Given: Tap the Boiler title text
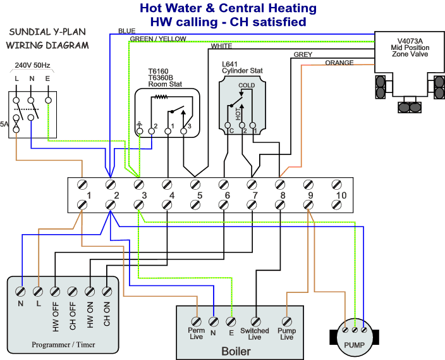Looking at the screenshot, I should (236, 351).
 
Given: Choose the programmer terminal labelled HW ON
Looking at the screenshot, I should (90, 292).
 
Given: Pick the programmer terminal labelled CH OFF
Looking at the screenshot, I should (72, 292).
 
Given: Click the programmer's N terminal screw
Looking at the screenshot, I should (21, 292).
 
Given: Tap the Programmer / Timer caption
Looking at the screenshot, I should (63, 345).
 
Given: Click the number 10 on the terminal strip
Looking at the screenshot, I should (341, 196).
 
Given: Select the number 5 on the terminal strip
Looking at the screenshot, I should (200, 196).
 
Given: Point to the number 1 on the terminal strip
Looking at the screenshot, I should (90, 196).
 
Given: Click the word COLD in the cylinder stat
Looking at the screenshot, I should (247, 85).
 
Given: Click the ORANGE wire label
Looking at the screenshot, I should (339, 63).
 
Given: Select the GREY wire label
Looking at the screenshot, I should (303, 55).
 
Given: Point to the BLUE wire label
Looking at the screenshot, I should (126, 31).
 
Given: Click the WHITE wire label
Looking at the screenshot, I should (221, 46).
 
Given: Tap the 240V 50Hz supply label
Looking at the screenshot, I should (30, 65).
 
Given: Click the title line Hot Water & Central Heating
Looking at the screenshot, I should (228, 9).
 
